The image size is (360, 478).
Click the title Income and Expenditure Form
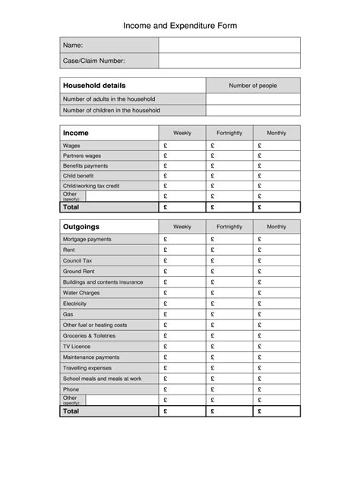pyautogui.click(x=180, y=26)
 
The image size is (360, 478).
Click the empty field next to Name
pyautogui.click(x=229, y=46)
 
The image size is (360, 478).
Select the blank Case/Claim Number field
pyautogui.click(x=229, y=61)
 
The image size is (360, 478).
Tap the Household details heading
pyautogui.click(x=94, y=86)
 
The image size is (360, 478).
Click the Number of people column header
pyautogui.click(x=253, y=86)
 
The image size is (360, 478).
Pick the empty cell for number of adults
pyautogui.click(x=253, y=99)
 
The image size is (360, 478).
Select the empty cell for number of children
pyautogui.click(x=253, y=111)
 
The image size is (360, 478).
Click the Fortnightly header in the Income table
pyautogui.click(x=229, y=134)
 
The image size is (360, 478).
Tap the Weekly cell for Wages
pyautogui.click(x=182, y=145)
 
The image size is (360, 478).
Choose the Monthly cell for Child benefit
pyautogui.click(x=276, y=175)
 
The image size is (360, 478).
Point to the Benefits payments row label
pyautogui.click(x=85, y=165)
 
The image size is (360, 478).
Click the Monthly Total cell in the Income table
pyautogui.click(x=276, y=206)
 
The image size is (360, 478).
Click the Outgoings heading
pyautogui.click(x=81, y=227)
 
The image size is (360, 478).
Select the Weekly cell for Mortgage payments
pyautogui.click(x=182, y=239)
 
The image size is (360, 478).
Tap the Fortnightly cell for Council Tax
pyautogui.click(x=229, y=260)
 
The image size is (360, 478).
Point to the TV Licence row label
pyautogui.click(x=77, y=346)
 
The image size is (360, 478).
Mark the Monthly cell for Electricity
pyautogui.click(x=276, y=303)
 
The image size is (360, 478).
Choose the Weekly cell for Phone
pyautogui.click(x=182, y=389)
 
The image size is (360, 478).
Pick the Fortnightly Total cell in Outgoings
pyautogui.click(x=229, y=412)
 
